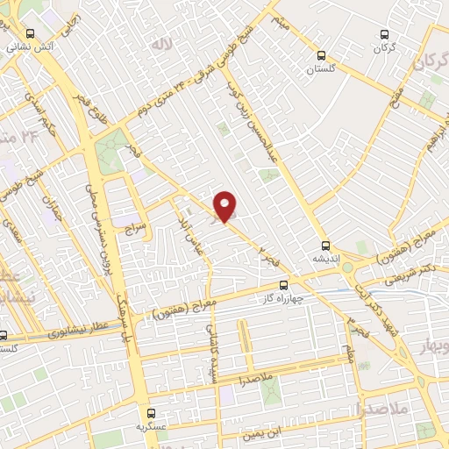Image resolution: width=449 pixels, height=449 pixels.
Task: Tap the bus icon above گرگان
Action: (383, 34)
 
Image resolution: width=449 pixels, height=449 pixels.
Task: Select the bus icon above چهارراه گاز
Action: (282, 285)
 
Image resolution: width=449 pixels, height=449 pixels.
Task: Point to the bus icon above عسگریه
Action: (151, 412)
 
